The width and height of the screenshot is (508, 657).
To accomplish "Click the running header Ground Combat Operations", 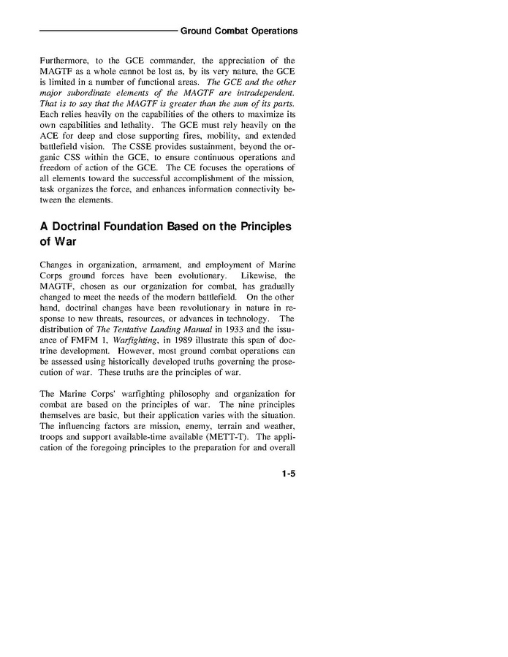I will point(238,31).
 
